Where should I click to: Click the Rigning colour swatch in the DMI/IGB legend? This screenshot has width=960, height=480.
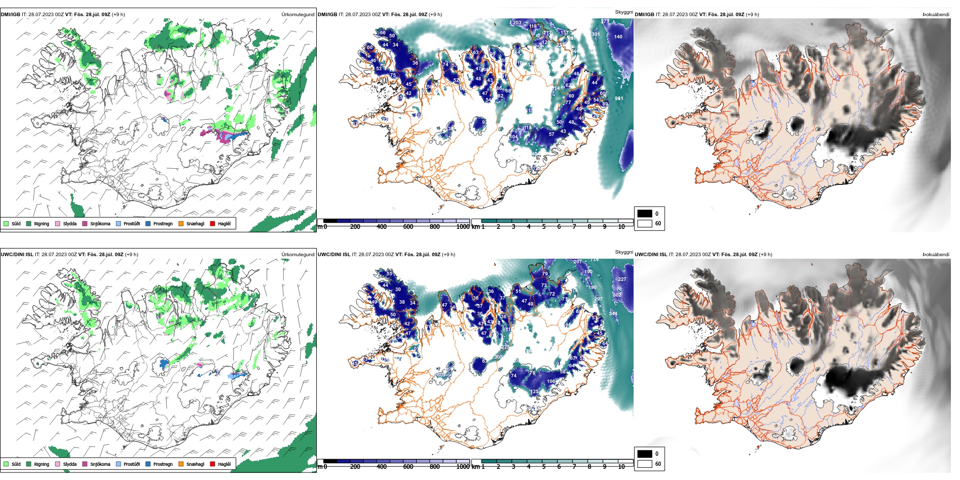(29, 223)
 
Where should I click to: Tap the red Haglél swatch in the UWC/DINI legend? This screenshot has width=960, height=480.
(213, 464)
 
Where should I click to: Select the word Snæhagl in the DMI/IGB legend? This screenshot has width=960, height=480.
(195, 224)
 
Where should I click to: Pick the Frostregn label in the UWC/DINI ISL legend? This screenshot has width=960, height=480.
(163, 464)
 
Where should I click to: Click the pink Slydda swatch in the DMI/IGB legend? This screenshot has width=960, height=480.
(58, 223)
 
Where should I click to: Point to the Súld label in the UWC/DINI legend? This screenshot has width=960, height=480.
(16, 464)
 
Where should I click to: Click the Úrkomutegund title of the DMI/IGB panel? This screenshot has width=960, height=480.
(298, 15)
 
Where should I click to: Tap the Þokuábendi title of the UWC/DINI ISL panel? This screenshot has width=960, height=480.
(936, 255)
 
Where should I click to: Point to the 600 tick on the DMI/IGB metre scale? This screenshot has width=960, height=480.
(408, 227)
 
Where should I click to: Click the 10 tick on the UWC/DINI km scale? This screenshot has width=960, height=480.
(621, 467)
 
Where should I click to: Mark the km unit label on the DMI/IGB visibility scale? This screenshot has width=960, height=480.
(475, 227)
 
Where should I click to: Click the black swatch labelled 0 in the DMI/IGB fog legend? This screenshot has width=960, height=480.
(645, 214)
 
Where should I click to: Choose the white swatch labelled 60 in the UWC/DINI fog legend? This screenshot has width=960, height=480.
(645, 464)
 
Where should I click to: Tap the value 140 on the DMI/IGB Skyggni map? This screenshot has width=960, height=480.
(618, 37)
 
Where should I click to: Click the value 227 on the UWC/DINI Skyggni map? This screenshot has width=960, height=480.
(622, 279)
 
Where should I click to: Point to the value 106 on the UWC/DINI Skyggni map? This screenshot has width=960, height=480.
(551, 381)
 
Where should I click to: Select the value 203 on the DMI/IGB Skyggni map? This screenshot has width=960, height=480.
(517, 23)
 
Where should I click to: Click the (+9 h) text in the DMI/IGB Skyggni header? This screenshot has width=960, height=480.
(435, 15)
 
